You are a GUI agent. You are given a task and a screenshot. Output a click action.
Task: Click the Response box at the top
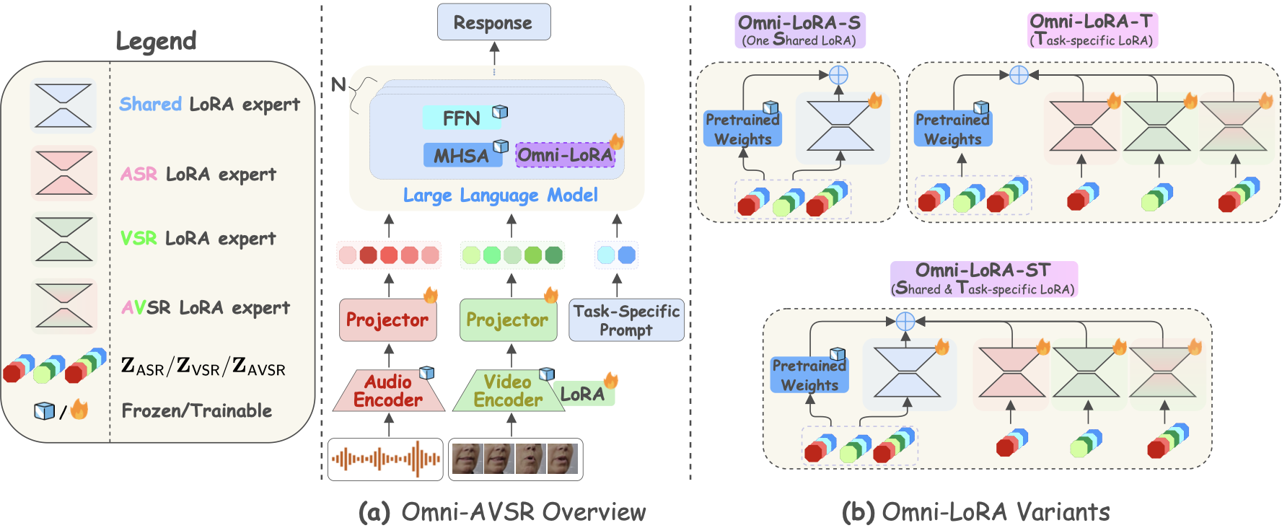493,22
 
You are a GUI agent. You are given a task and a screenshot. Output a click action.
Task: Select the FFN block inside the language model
462,118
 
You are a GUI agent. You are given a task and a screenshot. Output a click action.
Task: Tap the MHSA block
462,155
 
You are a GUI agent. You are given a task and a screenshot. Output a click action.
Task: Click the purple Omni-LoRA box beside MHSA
565,155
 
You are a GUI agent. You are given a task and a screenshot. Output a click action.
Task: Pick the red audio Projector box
387,320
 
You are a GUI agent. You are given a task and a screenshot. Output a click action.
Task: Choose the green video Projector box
507,320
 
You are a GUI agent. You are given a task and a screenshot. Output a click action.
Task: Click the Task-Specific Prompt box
625,320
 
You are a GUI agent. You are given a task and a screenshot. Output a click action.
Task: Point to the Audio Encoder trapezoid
388,391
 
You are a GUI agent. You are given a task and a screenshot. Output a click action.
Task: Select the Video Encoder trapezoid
507,391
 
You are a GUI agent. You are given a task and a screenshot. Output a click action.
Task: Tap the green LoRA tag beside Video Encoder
583,394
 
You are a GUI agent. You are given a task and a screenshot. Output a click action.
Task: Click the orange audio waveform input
385,459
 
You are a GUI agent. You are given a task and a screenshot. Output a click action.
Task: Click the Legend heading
156,41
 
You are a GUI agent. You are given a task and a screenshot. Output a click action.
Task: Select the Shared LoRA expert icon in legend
63,106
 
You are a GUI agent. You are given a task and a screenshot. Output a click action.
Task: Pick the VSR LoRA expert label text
198,238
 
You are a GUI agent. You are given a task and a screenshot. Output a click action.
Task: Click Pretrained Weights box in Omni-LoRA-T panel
952,129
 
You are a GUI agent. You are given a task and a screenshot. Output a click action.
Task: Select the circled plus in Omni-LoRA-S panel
838,74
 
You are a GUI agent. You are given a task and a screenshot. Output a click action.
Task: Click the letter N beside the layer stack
338,84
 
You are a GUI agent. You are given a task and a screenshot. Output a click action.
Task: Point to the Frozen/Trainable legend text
196,411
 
